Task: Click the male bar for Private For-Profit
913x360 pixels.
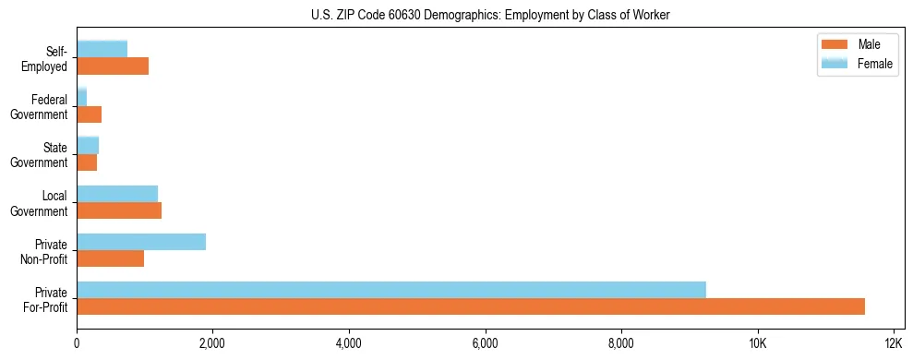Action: (x=471, y=306)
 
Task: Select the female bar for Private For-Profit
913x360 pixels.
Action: (x=391, y=289)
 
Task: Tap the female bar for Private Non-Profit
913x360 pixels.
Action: (x=141, y=241)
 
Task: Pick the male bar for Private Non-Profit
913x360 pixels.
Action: (x=111, y=258)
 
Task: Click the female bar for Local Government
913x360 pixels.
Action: (x=117, y=193)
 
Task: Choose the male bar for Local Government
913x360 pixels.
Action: (x=119, y=210)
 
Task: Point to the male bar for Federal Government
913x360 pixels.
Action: (x=90, y=114)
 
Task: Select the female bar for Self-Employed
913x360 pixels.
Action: (x=102, y=49)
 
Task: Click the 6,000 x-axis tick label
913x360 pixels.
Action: (x=485, y=344)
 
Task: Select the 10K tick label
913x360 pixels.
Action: (x=757, y=344)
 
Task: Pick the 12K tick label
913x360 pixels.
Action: (x=893, y=344)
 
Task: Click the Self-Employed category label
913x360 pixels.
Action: (x=48, y=58)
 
